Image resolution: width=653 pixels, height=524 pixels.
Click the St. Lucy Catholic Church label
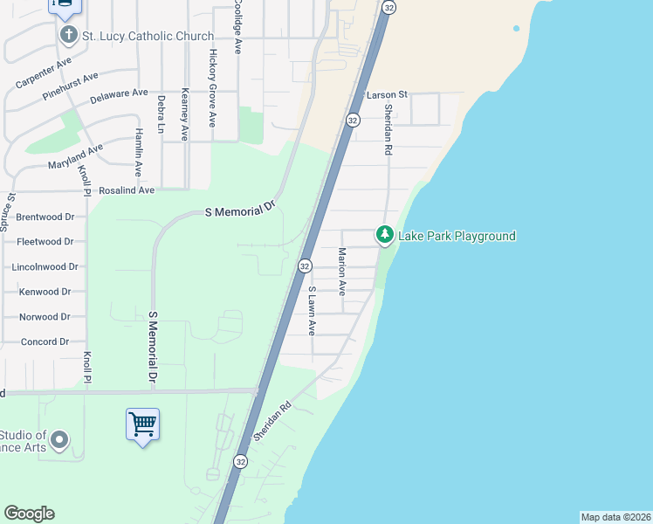[148, 36]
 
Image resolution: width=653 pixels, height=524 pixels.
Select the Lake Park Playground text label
[457, 236]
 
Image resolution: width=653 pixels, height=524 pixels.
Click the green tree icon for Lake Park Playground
[384, 235]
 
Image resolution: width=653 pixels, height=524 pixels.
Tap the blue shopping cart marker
[142, 424]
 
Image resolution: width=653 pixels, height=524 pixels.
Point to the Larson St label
[388, 94]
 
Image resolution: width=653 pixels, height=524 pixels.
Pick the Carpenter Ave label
[43, 74]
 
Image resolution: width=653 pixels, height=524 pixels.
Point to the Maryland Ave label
[76, 155]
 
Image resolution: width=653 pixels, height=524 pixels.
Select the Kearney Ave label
[184, 114]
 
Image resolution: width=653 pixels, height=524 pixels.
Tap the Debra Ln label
[162, 114]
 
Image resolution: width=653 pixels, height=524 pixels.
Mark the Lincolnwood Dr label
[45, 266]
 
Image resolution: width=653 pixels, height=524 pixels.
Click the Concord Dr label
[45, 341]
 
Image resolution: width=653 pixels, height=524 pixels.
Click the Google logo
[29, 514]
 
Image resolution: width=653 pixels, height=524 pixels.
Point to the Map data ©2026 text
[615, 517]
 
